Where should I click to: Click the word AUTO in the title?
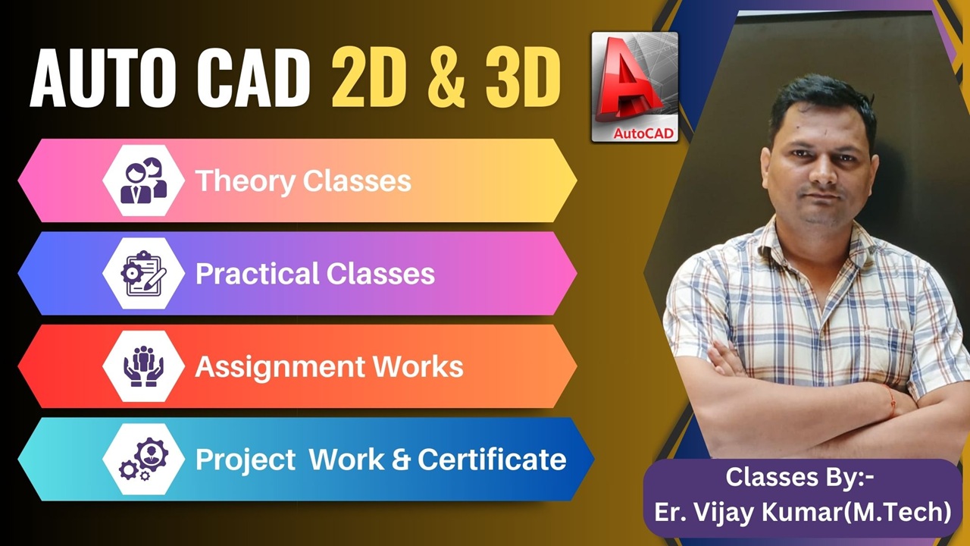[x=102, y=78]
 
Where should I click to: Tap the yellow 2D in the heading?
[x=369, y=78]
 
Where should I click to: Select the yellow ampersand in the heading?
[x=446, y=78]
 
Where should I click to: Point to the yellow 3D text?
[x=523, y=78]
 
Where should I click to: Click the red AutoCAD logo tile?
[x=635, y=86]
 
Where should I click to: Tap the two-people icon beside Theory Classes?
[x=143, y=180]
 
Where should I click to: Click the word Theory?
[x=245, y=181]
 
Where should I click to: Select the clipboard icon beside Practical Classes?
[x=143, y=274]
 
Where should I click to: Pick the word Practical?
[x=257, y=274]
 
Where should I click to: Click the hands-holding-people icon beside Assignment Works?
[x=143, y=366]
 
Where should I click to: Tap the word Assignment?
[x=280, y=368]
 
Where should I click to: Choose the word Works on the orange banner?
[x=418, y=366]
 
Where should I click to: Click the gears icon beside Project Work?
[x=143, y=459]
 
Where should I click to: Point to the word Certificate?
[x=492, y=460]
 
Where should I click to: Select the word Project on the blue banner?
[x=246, y=460]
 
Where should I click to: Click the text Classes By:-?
[x=799, y=477]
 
